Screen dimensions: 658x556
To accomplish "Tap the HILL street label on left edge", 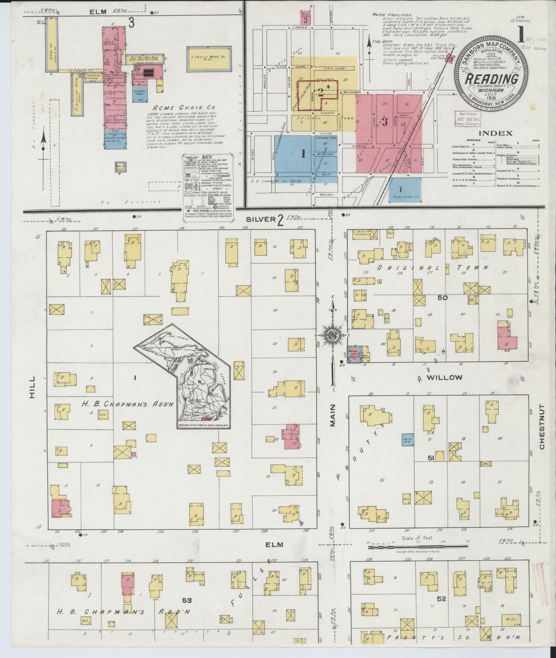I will pos(32,387).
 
